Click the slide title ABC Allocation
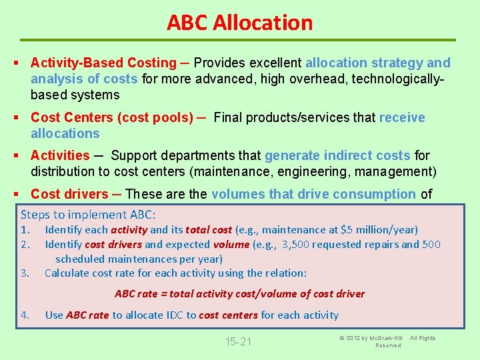(239, 23)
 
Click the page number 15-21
(238, 342)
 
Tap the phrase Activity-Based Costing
(103, 63)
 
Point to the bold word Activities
(60, 155)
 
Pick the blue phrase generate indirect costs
(337, 155)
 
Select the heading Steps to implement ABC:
(88, 215)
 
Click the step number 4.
(25, 315)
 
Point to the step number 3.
(25, 273)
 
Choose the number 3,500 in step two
(295, 244)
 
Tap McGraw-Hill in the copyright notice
(391, 338)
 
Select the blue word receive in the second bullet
(402, 117)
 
